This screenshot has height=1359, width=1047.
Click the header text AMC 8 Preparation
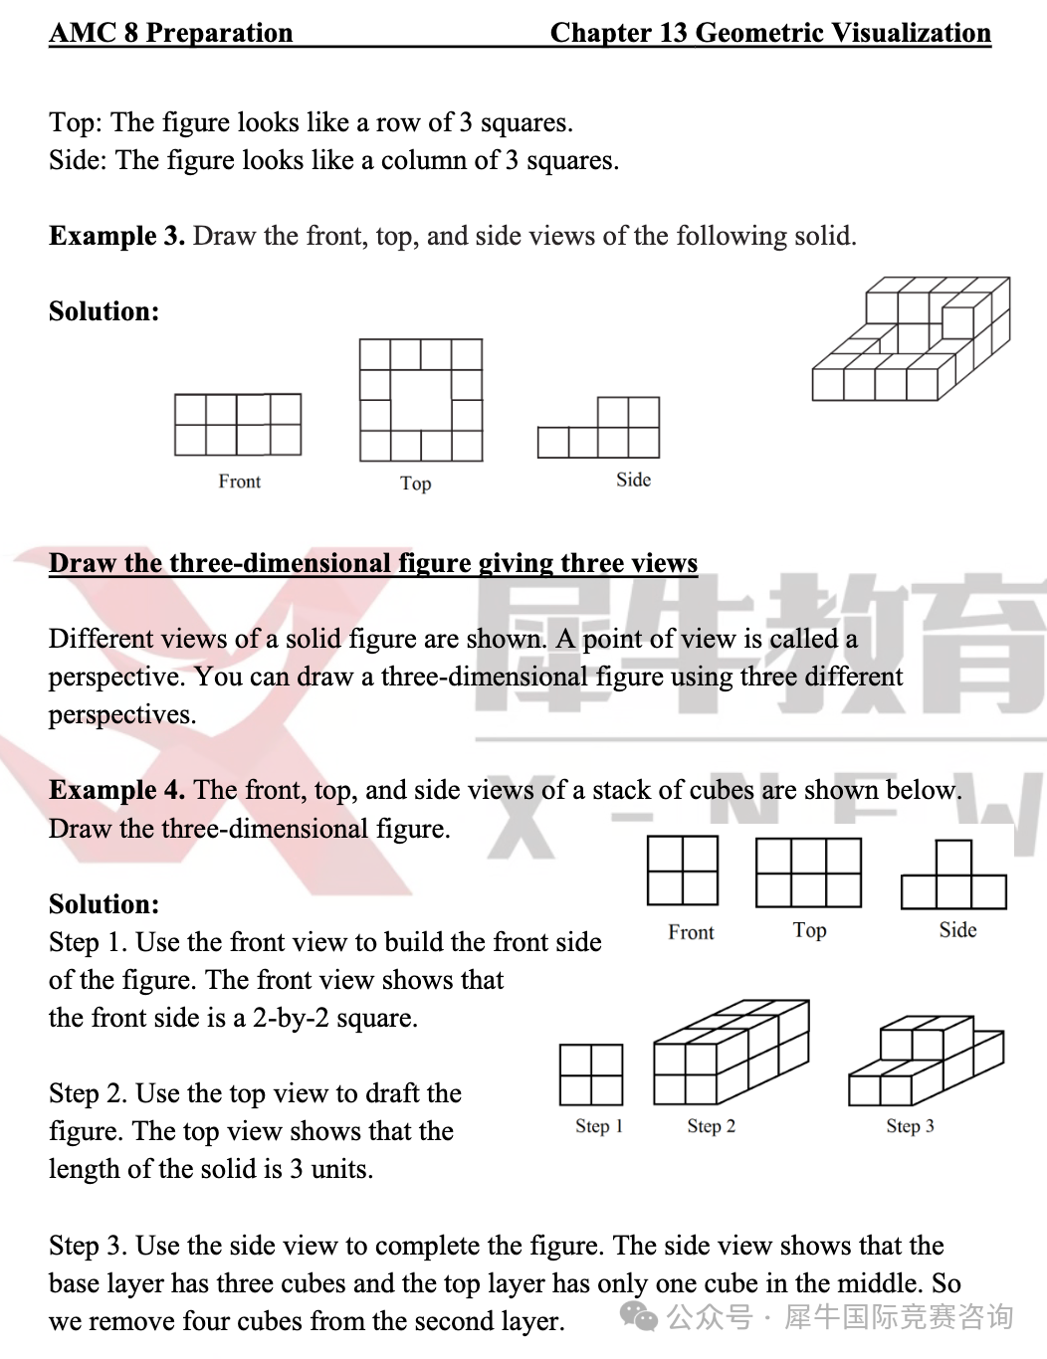click(x=171, y=33)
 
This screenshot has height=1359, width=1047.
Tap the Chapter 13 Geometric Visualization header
click(x=770, y=33)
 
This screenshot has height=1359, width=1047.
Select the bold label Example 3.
click(x=116, y=236)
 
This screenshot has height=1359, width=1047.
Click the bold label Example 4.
click(x=116, y=790)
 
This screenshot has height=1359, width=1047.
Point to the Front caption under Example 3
click(x=239, y=482)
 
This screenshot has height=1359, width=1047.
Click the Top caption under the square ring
click(x=415, y=484)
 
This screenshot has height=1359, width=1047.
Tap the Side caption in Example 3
click(x=633, y=480)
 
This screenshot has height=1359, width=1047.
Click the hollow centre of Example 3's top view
click(x=421, y=400)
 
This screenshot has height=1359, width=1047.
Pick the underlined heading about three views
click(x=373, y=563)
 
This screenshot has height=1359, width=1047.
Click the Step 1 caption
click(x=598, y=1126)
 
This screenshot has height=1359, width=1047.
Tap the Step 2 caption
click(x=711, y=1126)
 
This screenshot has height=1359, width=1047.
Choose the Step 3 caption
click(x=910, y=1126)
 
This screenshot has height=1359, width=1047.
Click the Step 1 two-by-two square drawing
click(x=591, y=1074)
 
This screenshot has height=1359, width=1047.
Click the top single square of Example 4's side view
click(x=953, y=858)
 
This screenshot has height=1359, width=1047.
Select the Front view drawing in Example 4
click(x=683, y=871)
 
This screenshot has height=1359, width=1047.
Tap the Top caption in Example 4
click(x=809, y=930)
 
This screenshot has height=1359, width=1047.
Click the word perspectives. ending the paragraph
click(x=122, y=714)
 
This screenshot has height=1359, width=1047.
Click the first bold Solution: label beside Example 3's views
click(x=104, y=311)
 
